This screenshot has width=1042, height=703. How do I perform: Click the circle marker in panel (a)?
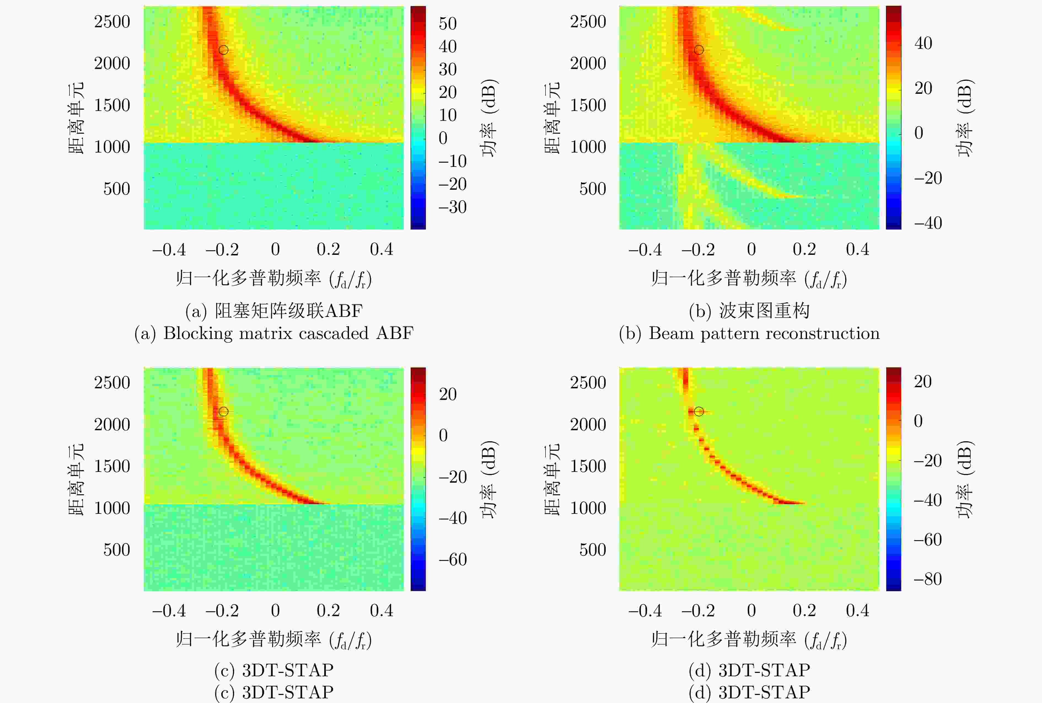click(x=223, y=50)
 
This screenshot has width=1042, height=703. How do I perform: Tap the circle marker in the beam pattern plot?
click(x=699, y=50)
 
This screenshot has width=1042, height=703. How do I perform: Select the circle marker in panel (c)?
click(x=223, y=411)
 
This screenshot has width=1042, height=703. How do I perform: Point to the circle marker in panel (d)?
click(x=699, y=411)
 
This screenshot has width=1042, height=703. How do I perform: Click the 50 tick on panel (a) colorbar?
click(x=447, y=24)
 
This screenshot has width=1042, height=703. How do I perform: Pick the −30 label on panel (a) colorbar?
click(x=452, y=207)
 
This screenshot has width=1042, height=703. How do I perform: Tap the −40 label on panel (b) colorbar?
click(x=928, y=223)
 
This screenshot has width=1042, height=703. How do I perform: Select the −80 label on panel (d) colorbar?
click(x=928, y=579)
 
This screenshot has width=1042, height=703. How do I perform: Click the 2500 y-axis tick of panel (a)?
click(x=112, y=22)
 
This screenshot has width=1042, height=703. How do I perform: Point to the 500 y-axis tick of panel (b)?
click(x=592, y=189)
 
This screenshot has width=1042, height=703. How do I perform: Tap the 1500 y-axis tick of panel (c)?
click(x=112, y=466)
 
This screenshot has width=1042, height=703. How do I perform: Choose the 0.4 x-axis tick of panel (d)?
click(x=857, y=611)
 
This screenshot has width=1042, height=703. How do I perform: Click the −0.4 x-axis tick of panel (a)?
click(x=169, y=250)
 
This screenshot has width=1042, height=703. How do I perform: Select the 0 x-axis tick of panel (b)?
click(x=751, y=250)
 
